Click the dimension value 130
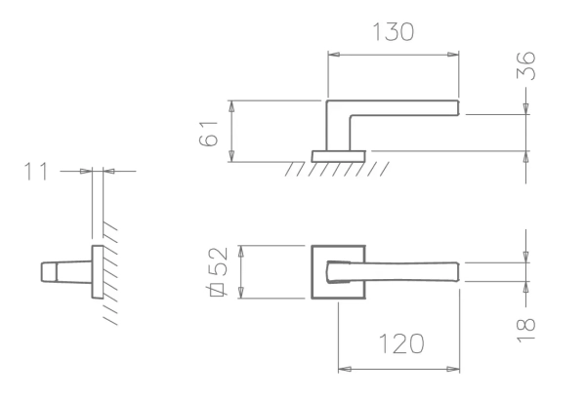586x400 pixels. pos(394,32)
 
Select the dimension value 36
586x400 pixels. pos(525,65)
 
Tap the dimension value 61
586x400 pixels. pos(208,134)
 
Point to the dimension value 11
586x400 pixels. pos(36,172)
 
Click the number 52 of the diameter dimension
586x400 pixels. pos(218,261)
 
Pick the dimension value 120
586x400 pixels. pos(401,343)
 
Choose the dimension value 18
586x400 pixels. pos(525,330)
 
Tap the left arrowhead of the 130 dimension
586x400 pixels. pos(334,55)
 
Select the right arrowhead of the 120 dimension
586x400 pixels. pos(453,369)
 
